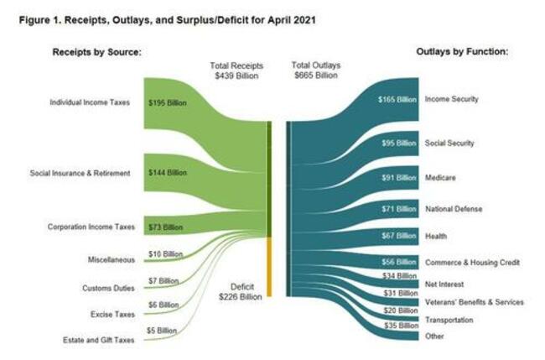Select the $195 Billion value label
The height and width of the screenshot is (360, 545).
167,103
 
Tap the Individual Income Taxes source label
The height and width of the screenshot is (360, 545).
90,103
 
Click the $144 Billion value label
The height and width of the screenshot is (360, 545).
167,173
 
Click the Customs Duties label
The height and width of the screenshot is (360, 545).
108,288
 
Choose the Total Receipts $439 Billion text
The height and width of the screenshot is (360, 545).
236,69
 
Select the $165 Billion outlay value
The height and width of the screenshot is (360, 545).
397,99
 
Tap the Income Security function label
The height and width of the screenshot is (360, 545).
452,99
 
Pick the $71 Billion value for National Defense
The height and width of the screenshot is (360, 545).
398,208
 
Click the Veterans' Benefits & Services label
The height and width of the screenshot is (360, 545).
475,302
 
